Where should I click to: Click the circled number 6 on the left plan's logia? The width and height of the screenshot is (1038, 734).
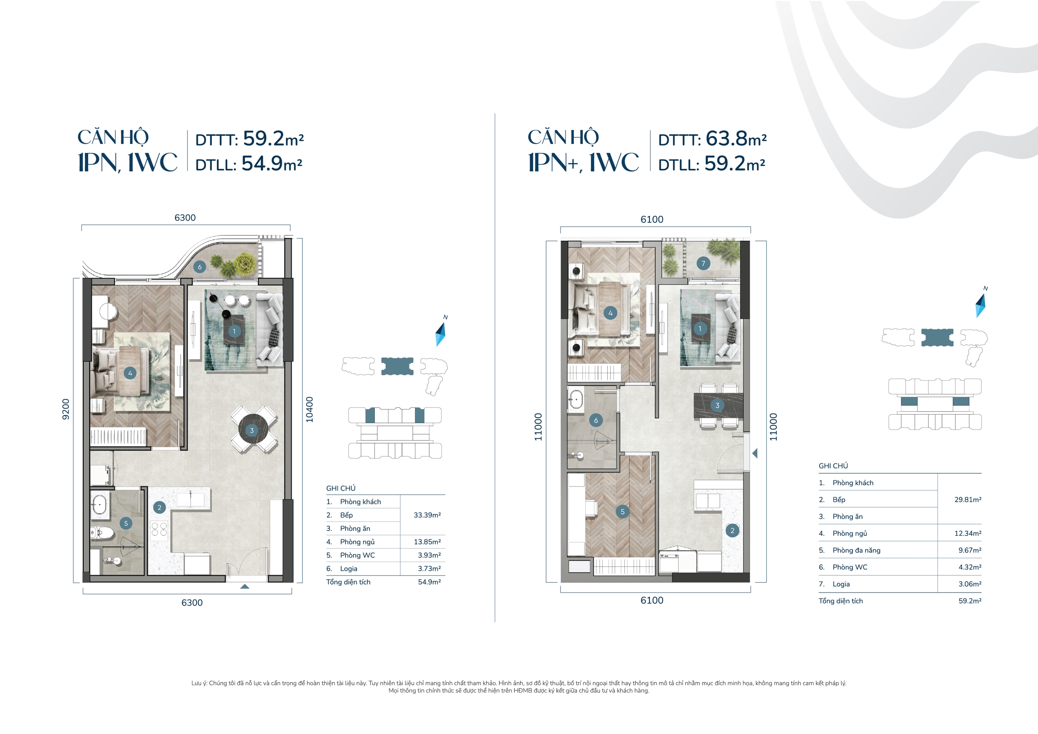click(x=199, y=267)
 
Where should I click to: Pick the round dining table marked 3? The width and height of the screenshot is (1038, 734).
click(x=252, y=430)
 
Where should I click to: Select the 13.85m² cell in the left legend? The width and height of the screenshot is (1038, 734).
click(x=427, y=542)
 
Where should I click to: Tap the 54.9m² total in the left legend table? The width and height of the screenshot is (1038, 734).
click(x=429, y=582)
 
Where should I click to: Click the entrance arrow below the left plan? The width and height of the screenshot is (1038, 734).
click(x=245, y=587)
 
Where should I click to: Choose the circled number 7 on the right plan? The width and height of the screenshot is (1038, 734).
click(x=703, y=263)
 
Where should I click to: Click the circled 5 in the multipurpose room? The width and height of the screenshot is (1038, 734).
click(x=623, y=511)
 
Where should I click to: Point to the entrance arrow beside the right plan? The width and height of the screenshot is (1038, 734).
click(x=755, y=453)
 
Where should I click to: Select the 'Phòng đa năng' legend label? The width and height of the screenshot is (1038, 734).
click(x=856, y=550)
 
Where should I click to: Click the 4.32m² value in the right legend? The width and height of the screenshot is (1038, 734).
click(x=969, y=567)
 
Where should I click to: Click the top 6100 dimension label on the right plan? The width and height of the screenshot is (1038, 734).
click(x=652, y=220)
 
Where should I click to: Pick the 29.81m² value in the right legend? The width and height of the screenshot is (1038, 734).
click(x=968, y=500)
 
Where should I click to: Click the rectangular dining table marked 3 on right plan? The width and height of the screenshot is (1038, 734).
click(x=718, y=405)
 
